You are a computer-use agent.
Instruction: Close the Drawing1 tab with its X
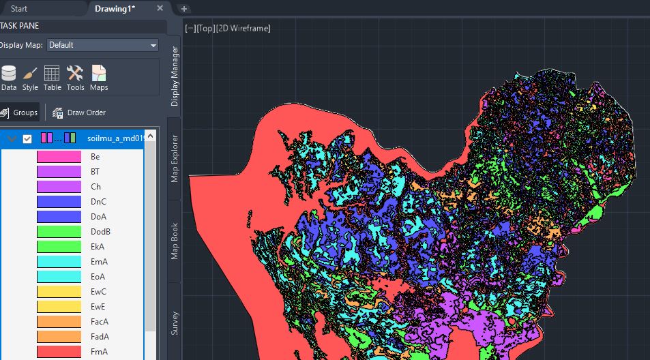pyautogui.click(x=160, y=8)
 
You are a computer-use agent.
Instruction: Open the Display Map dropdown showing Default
pyautogui.click(x=102, y=45)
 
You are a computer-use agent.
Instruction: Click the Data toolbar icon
pyautogui.click(x=9, y=78)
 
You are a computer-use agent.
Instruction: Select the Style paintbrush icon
pyautogui.click(x=30, y=78)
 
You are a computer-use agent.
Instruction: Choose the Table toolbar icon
pyautogui.click(x=53, y=78)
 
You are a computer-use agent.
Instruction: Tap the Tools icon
pyautogui.click(x=75, y=78)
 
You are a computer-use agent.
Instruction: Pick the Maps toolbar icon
pyautogui.click(x=99, y=78)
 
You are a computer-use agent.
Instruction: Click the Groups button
pyautogui.click(x=19, y=112)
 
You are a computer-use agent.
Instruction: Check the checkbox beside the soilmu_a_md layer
pyautogui.click(x=27, y=139)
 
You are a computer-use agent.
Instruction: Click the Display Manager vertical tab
pyautogui.click(x=175, y=76)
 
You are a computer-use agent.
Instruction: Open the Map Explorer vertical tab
pyautogui.click(x=175, y=159)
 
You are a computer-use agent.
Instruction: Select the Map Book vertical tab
pyautogui.click(x=175, y=239)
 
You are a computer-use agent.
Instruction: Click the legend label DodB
pyautogui.click(x=100, y=232)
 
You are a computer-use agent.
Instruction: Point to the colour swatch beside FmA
pyautogui.click(x=59, y=352)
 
